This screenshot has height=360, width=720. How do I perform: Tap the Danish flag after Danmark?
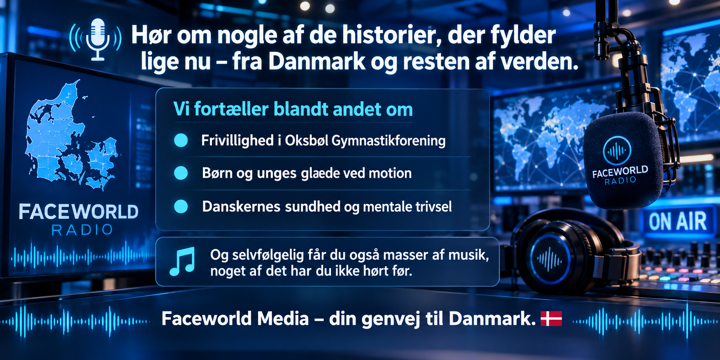[551, 319]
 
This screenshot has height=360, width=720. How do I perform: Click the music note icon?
[182, 262]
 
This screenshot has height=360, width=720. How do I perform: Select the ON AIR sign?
[678, 222]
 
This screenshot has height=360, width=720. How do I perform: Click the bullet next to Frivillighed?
[181, 140]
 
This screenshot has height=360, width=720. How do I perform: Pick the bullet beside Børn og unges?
[181, 173]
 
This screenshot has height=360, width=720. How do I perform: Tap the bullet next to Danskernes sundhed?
[181, 207]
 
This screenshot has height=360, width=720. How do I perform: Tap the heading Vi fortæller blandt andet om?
[293, 110]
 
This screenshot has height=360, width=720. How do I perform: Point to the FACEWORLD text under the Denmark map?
[79, 212]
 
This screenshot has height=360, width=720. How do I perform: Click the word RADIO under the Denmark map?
[82, 230]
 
